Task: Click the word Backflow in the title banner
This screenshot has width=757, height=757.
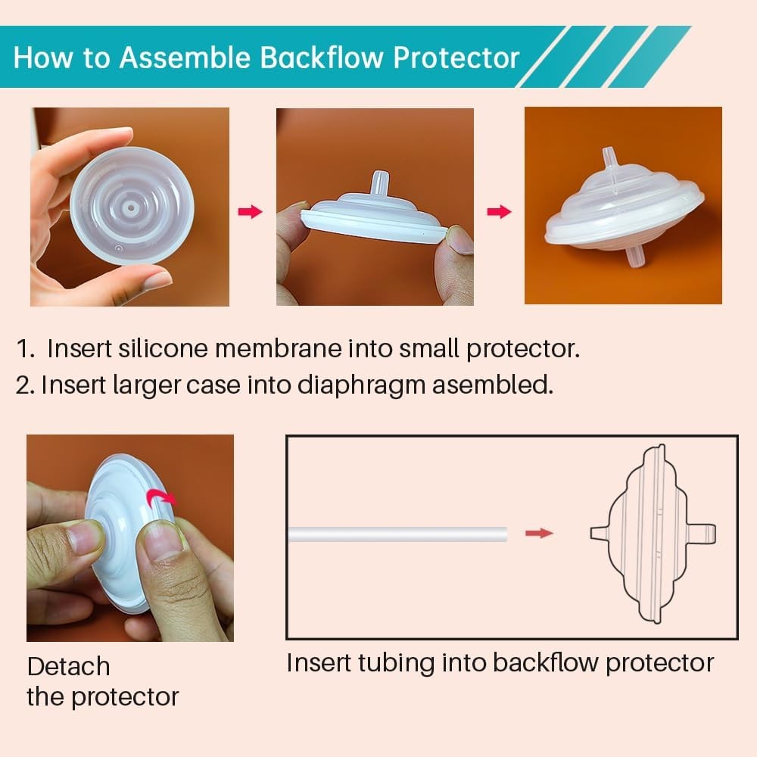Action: (322, 58)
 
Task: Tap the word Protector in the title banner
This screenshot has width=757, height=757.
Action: (456, 58)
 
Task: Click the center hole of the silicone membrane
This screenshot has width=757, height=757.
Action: (131, 208)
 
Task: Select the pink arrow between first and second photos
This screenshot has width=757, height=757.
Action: (250, 211)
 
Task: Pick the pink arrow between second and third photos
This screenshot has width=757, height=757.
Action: (499, 211)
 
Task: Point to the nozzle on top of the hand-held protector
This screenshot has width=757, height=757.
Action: (380, 182)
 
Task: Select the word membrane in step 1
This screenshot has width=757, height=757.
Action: (279, 348)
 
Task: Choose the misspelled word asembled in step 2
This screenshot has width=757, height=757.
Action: (493, 385)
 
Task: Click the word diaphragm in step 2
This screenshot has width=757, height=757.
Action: (361, 386)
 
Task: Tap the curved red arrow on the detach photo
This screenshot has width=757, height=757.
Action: (162, 497)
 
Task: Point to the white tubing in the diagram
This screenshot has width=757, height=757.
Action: (398, 534)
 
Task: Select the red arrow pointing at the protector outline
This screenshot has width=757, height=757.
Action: (539, 533)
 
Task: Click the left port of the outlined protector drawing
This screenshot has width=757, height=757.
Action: (600, 533)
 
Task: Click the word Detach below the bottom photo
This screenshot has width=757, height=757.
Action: (69, 666)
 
